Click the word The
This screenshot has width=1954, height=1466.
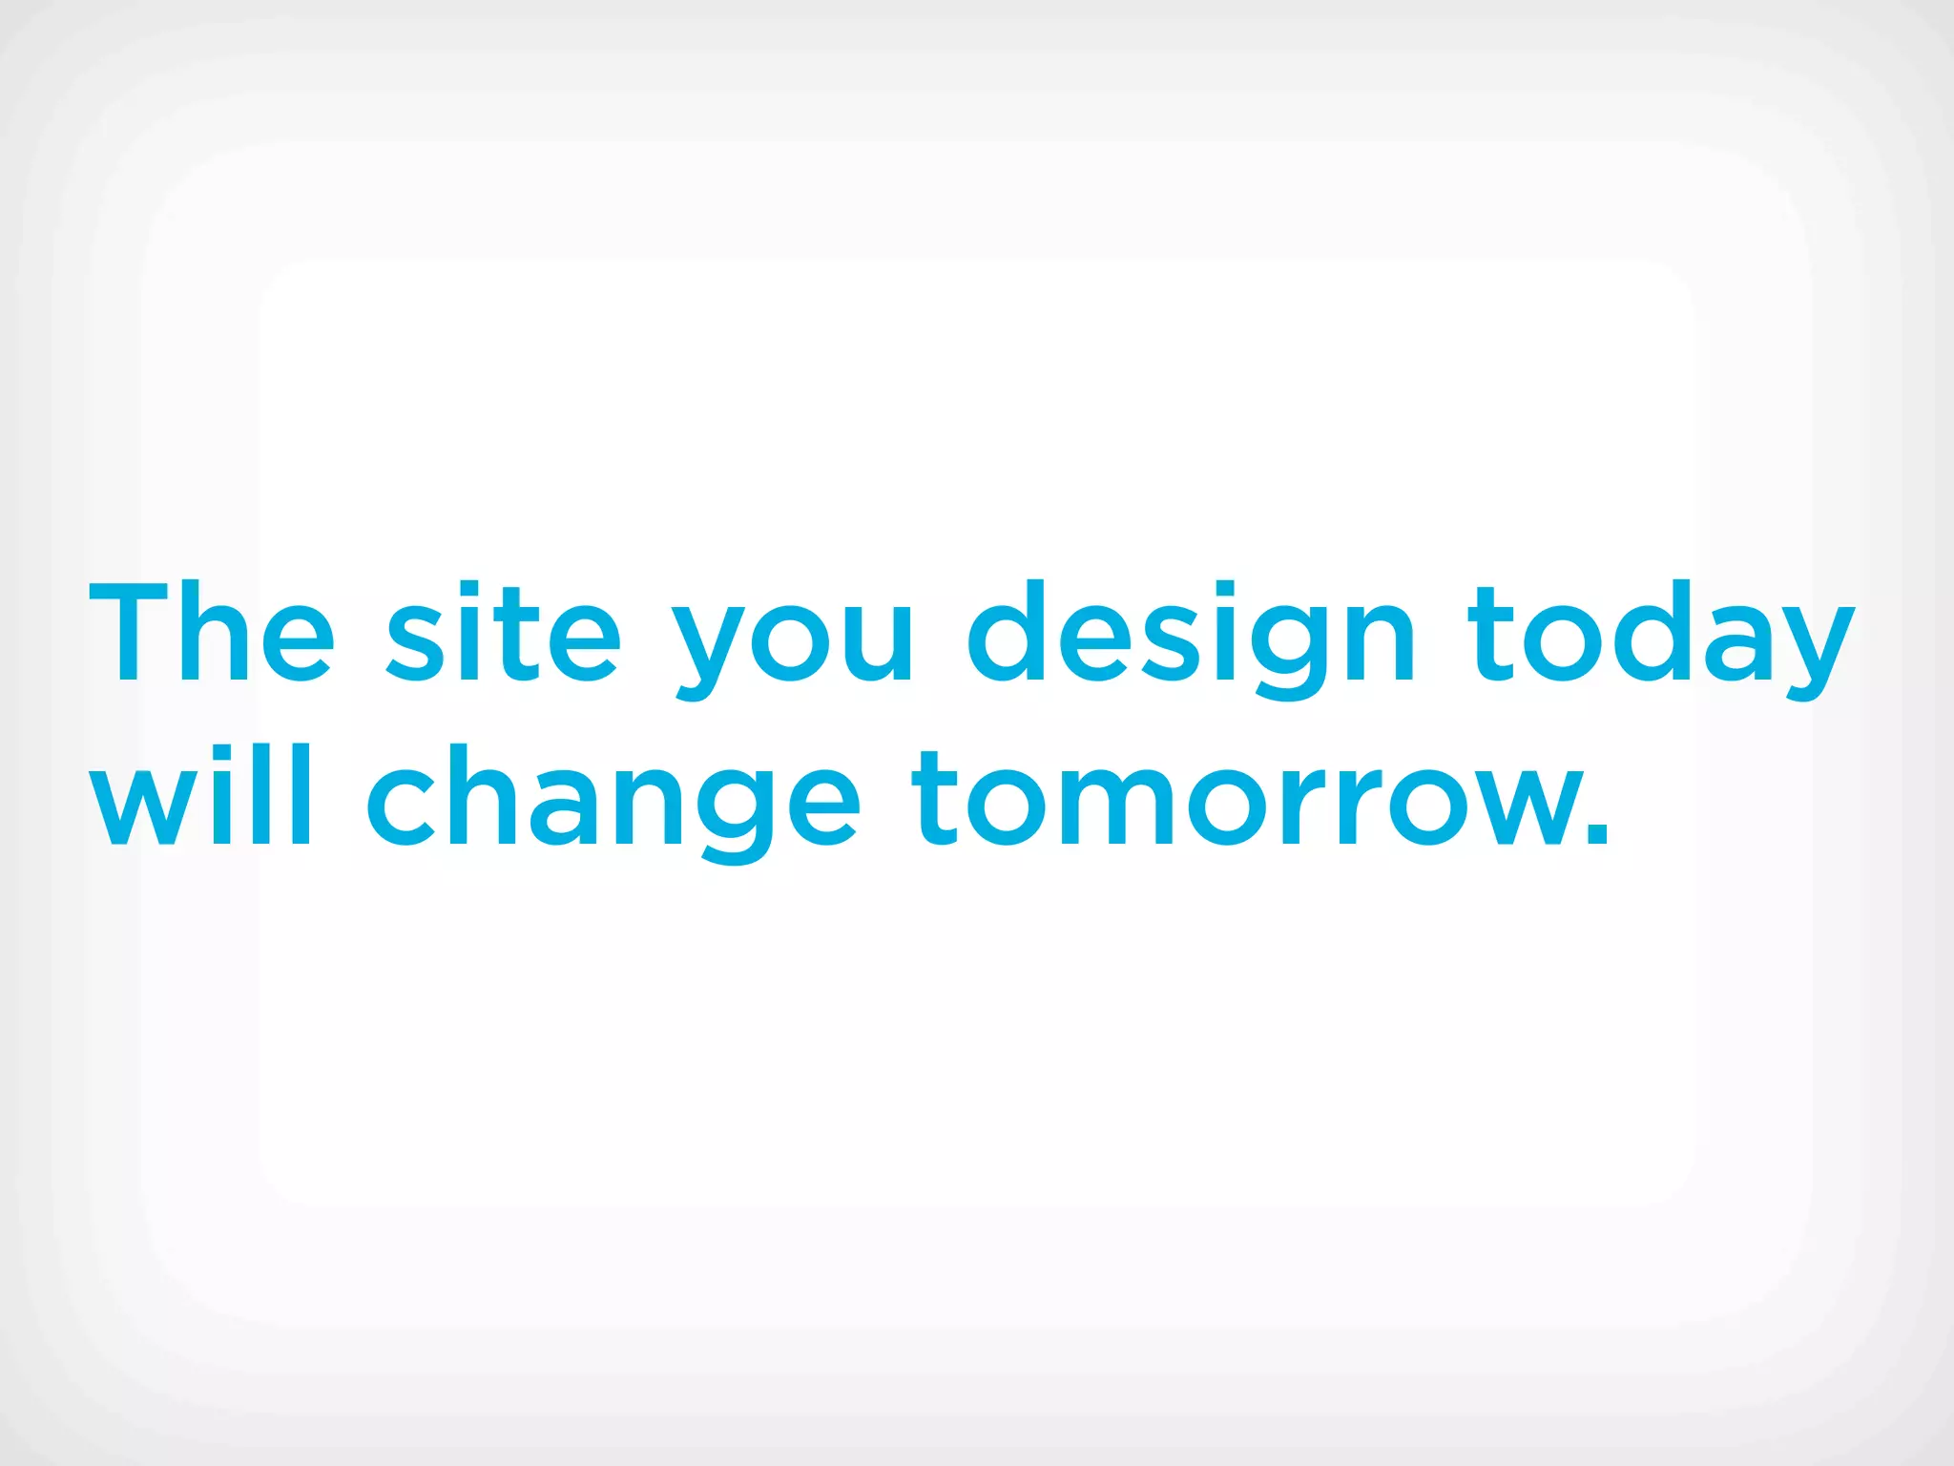pos(212,632)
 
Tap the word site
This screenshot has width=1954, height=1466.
pos(504,632)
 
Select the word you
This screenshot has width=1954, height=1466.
pos(794,639)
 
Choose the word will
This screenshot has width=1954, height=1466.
pos(200,796)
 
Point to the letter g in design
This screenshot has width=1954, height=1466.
pos(1289,649)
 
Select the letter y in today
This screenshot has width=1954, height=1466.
pos(1809,649)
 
